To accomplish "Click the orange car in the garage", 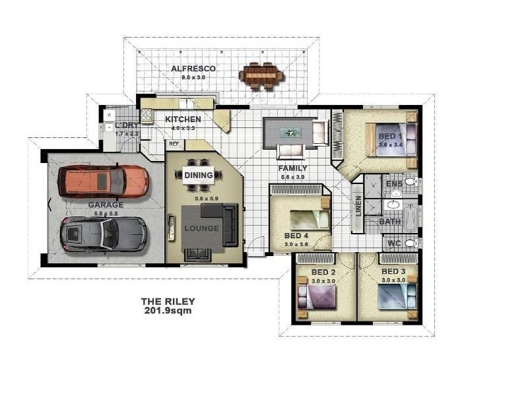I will (x=104, y=181).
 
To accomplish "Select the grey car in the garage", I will (x=104, y=234).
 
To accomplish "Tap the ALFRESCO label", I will (x=193, y=69).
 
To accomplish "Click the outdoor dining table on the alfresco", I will (x=262, y=75).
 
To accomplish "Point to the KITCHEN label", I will (x=183, y=119).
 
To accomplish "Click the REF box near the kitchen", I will (x=174, y=143).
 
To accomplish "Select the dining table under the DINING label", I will (x=199, y=175).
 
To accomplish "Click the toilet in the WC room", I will (x=410, y=243).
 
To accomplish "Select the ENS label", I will (x=394, y=183).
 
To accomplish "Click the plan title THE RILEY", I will (x=168, y=302).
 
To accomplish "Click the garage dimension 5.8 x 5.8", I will (x=106, y=213).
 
